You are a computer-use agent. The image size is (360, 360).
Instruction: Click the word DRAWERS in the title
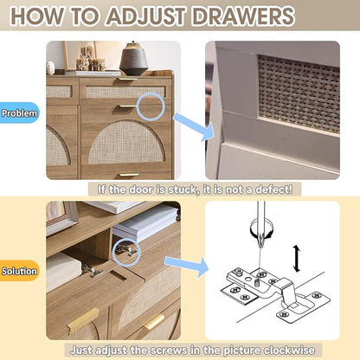click(243, 16)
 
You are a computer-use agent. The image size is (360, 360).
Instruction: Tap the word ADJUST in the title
click(146, 16)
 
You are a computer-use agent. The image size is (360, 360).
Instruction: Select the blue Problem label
click(19, 112)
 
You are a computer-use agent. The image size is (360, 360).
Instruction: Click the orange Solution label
click(19, 271)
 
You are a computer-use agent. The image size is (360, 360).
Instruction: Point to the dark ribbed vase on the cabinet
click(133, 59)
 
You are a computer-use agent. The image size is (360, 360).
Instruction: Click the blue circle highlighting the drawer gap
click(151, 106)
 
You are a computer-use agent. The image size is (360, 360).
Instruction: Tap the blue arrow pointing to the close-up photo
click(194, 126)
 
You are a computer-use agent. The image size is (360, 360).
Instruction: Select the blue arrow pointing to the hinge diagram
click(187, 267)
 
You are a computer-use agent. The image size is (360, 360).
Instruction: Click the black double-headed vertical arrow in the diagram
click(297, 259)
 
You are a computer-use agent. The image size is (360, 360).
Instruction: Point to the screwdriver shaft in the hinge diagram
click(261, 219)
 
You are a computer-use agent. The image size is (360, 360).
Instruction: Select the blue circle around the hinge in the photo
click(126, 252)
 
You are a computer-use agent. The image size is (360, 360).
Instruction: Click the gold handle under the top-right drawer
click(127, 106)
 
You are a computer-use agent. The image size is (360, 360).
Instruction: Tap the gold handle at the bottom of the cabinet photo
click(129, 175)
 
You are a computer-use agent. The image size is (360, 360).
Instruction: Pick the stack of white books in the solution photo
click(145, 222)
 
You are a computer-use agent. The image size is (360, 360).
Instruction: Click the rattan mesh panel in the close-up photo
click(299, 93)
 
